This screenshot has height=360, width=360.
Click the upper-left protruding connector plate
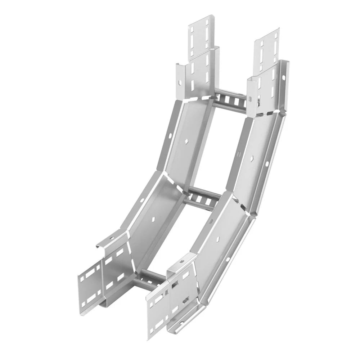[x=201, y=36]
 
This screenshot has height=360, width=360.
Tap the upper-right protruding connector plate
[x=266, y=47]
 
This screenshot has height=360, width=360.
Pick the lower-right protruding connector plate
[x=157, y=313]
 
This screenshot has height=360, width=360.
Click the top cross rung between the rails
[x=230, y=101]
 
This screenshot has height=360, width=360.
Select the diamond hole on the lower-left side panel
[x=154, y=219]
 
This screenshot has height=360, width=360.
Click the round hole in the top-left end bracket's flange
[x=179, y=83]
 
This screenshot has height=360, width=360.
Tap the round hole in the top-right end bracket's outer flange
[x=284, y=77]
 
